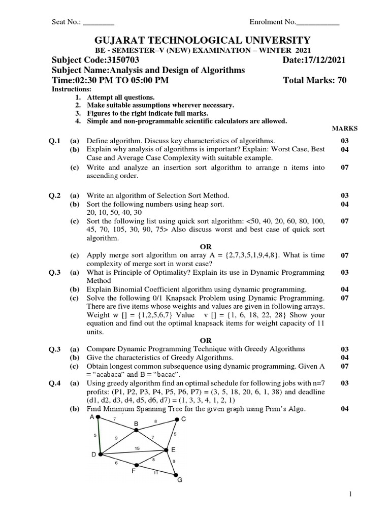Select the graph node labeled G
tap(177, 476)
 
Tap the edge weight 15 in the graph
tap(137, 447)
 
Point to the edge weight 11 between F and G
tap(156, 472)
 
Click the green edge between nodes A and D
tap(100, 436)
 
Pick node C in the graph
tap(178, 419)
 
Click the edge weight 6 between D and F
tap(116, 463)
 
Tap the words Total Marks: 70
tap(314, 80)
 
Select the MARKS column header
tap(345, 129)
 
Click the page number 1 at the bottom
tap(350, 494)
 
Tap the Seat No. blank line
tap(99, 22)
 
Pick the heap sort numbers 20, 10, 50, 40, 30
tap(115, 212)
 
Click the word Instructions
tap(70, 89)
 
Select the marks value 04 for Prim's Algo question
tap(345, 409)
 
